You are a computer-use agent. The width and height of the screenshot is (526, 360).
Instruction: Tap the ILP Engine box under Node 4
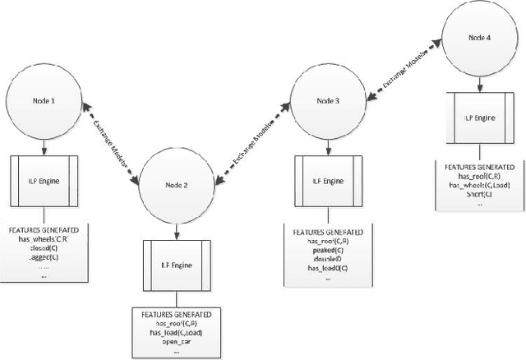(474, 116)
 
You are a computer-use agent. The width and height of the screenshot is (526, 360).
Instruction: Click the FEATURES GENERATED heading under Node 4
(474, 166)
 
